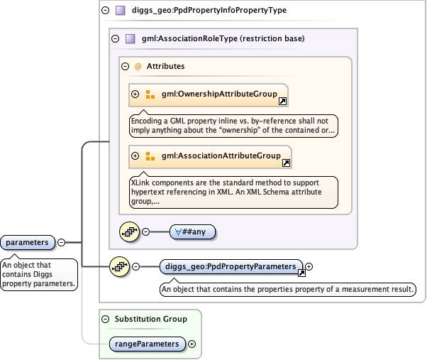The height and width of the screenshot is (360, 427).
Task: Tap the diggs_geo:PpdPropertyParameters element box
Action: pos(231,267)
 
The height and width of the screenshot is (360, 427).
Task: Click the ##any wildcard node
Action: pos(193,231)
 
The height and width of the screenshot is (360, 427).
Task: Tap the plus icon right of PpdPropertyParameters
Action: pos(309,267)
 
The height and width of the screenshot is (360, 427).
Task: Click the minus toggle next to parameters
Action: pos(61,243)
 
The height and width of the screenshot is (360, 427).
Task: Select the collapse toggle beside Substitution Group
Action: pos(106,319)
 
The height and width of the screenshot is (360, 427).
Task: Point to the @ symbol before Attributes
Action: pos(138,66)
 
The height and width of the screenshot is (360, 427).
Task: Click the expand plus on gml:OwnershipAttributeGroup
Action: pos(135,94)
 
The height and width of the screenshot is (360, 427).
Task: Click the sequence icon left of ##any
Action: pos(129,231)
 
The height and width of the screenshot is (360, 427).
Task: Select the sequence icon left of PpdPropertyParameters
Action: pos(118,267)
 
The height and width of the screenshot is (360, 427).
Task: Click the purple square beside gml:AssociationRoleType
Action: pos(130,38)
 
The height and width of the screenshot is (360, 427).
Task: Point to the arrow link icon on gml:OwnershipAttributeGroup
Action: pos(282,102)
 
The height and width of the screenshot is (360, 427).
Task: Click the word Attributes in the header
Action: pos(165,66)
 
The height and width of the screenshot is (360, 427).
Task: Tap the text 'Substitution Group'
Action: pos(151,319)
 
